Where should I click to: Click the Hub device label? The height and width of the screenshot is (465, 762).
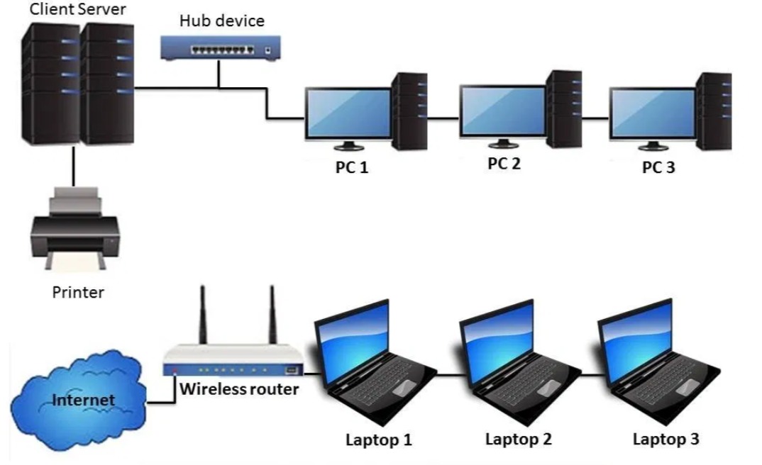(x=221, y=21)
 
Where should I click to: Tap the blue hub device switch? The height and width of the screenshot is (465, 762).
(x=217, y=48)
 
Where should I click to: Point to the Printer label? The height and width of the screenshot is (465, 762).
(x=78, y=292)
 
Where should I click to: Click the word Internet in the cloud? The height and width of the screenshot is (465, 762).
(x=83, y=400)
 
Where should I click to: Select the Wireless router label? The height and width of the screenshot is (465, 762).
(x=239, y=389)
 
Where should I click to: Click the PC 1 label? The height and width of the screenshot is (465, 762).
(x=352, y=169)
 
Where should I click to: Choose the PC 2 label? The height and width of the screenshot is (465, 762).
(x=504, y=164)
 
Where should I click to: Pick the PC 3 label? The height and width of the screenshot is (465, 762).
(x=658, y=169)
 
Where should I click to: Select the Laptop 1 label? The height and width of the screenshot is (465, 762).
(x=378, y=439)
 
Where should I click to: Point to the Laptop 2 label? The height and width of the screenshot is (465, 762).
(x=518, y=439)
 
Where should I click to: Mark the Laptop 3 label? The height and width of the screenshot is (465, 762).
(x=666, y=439)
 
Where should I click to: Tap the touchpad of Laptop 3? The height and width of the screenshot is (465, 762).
(x=687, y=387)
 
